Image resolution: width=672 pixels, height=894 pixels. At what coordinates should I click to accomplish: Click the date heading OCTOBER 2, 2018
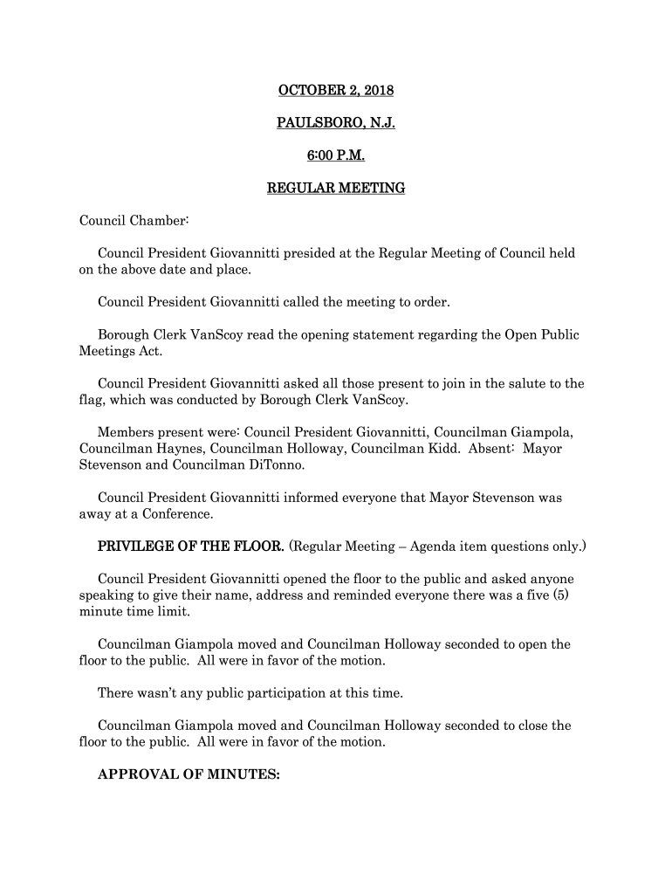coord(335,90)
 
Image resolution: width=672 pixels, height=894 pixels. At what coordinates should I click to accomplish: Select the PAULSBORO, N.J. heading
coord(335,123)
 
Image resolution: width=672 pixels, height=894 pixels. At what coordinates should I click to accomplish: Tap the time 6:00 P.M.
coord(335,155)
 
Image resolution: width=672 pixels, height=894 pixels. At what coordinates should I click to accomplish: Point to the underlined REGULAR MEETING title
coord(335,188)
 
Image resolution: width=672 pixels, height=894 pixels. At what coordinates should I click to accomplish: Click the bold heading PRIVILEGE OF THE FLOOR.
coord(191,547)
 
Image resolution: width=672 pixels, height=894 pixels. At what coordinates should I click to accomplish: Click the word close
coord(535,726)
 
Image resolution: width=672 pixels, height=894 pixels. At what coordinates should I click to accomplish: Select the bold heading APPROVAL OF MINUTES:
coord(189,773)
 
